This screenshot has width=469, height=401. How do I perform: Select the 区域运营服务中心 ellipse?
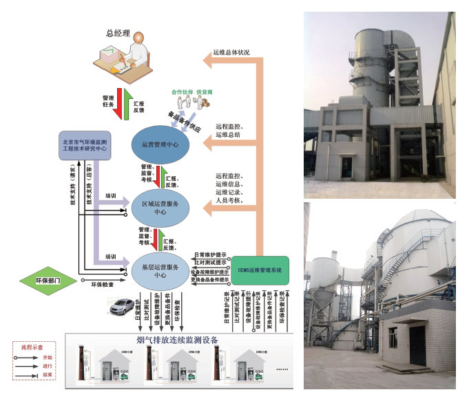(x=160, y=208)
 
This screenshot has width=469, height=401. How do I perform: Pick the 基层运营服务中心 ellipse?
(x=160, y=270)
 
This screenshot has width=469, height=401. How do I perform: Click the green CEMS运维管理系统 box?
(x=260, y=270)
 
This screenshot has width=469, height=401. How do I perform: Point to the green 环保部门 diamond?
(x=48, y=281)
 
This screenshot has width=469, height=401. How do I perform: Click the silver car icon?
(x=119, y=307)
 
